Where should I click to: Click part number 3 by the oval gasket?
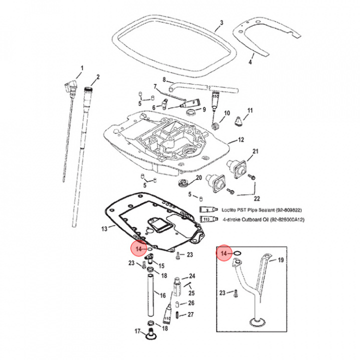[x=222, y=23]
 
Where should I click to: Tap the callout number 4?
[x=251, y=62]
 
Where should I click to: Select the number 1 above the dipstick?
[x=82, y=67]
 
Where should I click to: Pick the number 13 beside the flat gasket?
[x=104, y=228]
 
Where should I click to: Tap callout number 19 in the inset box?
[x=280, y=260]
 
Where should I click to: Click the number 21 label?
[x=255, y=151]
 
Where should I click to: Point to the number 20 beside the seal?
[x=198, y=177]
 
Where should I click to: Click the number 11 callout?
[x=250, y=110]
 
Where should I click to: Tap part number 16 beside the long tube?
[x=162, y=295]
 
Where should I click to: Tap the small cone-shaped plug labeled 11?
[x=239, y=119]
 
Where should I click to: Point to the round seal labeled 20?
[x=184, y=180]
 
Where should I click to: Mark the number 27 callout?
[x=190, y=314]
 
